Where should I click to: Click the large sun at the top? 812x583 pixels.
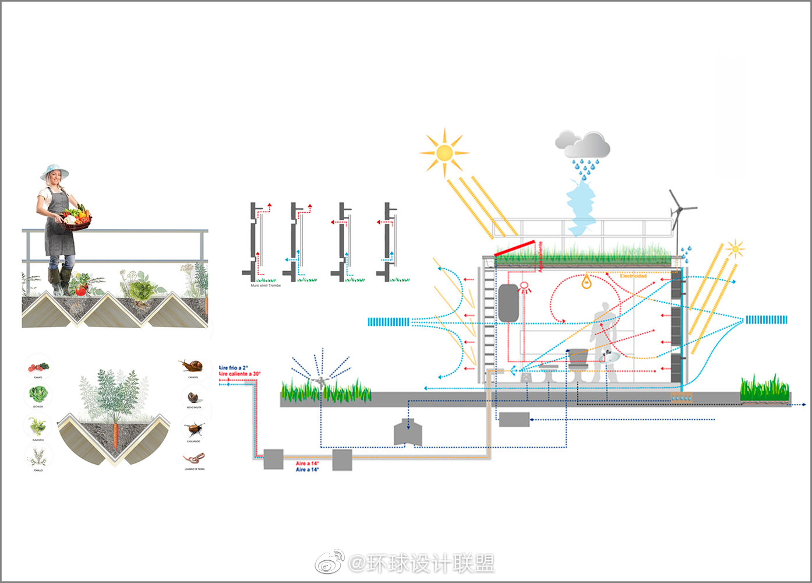tap(444, 153)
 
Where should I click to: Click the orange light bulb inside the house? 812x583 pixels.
tap(587, 283)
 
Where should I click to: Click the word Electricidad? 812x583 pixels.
tap(633, 275)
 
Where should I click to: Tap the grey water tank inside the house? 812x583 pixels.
tap(509, 303)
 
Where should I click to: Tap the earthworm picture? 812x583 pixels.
tap(195, 458)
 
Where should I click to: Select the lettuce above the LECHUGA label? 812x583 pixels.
tap(38, 395)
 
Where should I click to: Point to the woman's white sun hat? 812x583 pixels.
tap(54, 171)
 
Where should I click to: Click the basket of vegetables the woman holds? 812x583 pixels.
tap(76, 219)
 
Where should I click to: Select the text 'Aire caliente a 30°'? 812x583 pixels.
tap(240, 374)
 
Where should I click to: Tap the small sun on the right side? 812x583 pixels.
tap(735, 250)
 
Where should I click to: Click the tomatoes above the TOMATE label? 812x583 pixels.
tap(38, 367)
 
